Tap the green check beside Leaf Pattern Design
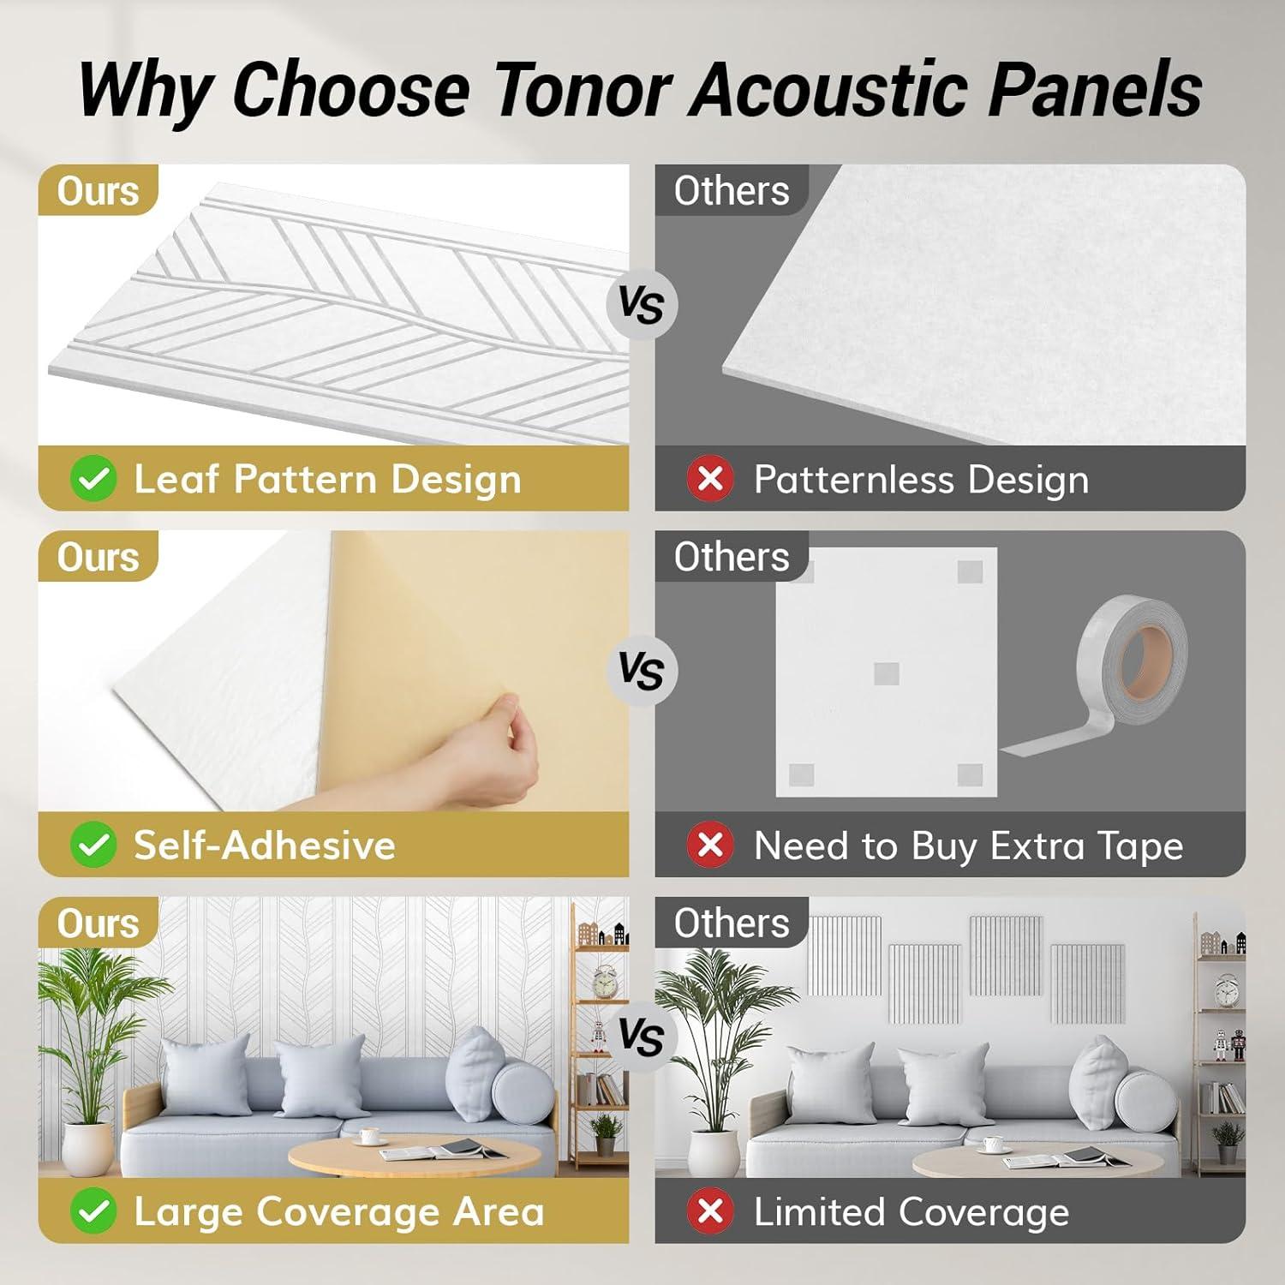pos(93,479)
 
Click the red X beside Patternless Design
pos(710,479)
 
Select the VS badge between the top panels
pos(642,304)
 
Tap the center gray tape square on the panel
pos(887,673)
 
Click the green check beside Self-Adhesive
pos(93,846)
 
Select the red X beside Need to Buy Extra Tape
pos(710,846)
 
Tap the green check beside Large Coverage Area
pos(93,1212)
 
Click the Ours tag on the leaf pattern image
pos(98,190)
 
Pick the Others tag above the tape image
pos(731,557)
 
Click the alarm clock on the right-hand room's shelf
pos(1226,992)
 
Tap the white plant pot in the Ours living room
pos(87,1148)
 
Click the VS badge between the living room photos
pos(642,1037)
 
